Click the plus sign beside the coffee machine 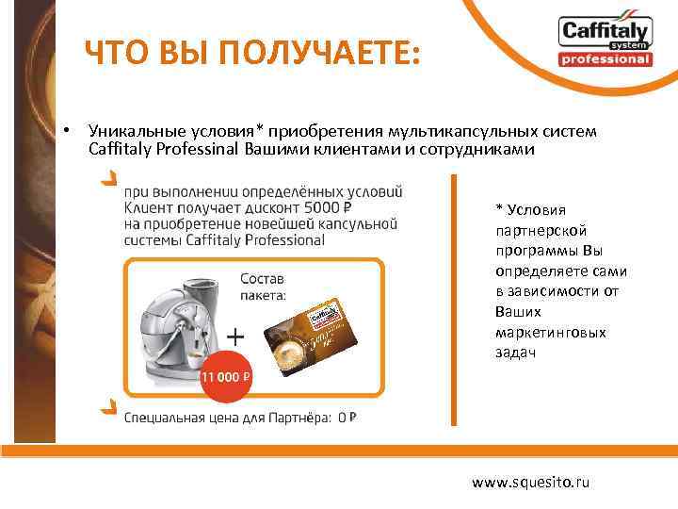[237, 335]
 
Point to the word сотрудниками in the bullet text [486, 149]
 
